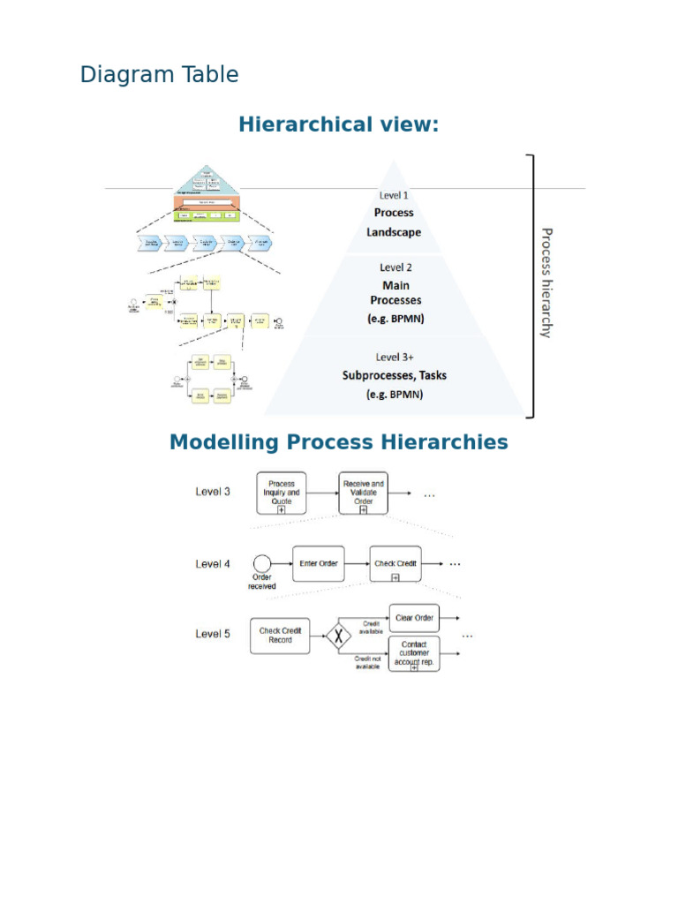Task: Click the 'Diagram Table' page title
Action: pyautogui.click(x=159, y=75)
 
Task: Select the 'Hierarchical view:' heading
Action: pyautogui.click(x=338, y=124)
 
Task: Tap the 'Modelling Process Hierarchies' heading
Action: pyautogui.click(x=338, y=441)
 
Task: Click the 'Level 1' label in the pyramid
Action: pyautogui.click(x=394, y=195)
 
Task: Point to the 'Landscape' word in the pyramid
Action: pyautogui.click(x=394, y=232)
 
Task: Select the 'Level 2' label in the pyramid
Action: pyautogui.click(x=395, y=267)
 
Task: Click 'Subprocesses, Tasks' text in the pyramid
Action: pyautogui.click(x=395, y=375)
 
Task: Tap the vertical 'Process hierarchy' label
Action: pyautogui.click(x=546, y=282)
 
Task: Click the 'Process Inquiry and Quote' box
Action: pyautogui.click(x=282, y=493)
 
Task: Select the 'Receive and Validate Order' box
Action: pyautogui.click(x=363, y=493)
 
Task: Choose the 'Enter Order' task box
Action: pyautogui.click(x=319, y=563)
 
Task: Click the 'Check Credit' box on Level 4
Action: pyautogui.click(x=395, y=564)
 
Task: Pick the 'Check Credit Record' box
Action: pyautogui.click(x=281, y=635)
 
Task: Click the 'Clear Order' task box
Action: pyautogui.click(x=413, y=618)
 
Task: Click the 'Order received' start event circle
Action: pyautogui.click(x=261, y=562)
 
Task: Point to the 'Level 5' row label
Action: pyautogui.click(x=213, y=634)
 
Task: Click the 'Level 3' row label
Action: pyautogui.click(x=213, y=492)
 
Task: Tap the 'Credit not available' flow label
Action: pyautogui.click(x=366, y=662)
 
